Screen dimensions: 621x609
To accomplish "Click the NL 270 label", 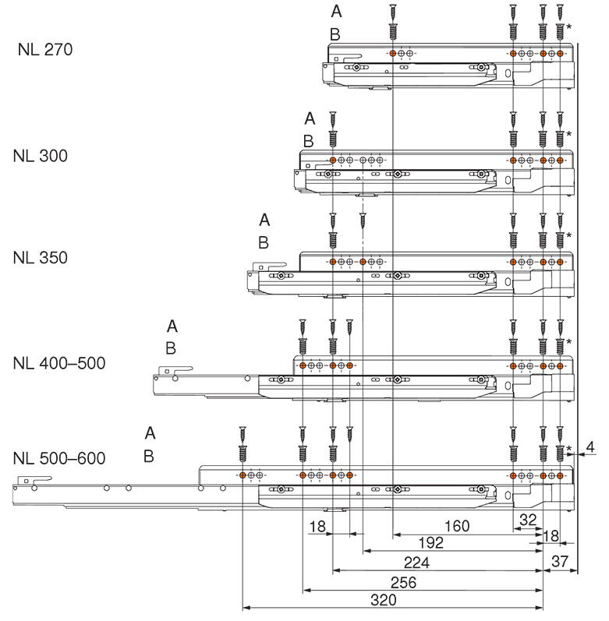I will [x=44, y=51].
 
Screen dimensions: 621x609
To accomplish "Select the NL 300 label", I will [x=41, y=155].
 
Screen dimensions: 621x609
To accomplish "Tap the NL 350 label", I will [x=41, y=257].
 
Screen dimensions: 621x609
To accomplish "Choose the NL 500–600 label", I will [x=59, y=457].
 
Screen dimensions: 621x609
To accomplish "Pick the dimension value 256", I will [x=402, y=583].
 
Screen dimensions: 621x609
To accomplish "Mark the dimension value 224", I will [x=416, y=563].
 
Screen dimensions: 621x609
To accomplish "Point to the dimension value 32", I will [x=528, y=519].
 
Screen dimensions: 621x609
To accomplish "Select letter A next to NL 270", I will [x=336, y=12].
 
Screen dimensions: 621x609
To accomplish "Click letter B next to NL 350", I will [x=264, y=242].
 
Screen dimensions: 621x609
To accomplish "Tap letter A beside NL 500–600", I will [x=150, y=432].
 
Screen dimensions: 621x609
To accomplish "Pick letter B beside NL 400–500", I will [x=171, y=348].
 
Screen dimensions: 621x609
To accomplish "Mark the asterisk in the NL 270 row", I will [x=569, y=27].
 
